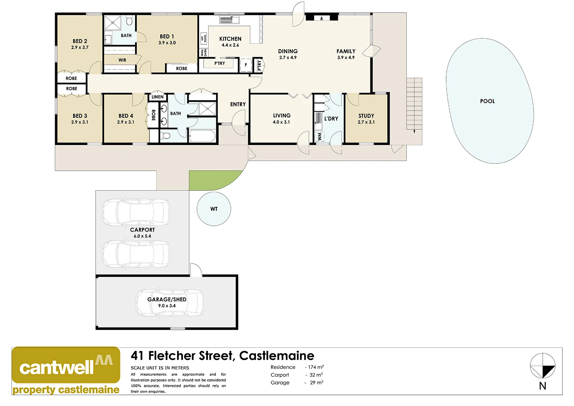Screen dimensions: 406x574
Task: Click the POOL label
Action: [x=487, y=101]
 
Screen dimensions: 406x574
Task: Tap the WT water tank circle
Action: [x=214, y=209]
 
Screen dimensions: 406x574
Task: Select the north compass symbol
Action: [x=542, y=366]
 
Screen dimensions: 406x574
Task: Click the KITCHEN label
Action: [x=230, y=39]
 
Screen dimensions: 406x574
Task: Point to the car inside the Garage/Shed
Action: [x=169, y=302]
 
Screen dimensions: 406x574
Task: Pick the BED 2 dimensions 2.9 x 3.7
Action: [x=80, y=47]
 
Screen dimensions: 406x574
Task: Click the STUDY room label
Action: [x=366, y=116]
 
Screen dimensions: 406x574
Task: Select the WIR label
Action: [x=122, y=60]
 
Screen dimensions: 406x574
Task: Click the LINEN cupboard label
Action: [x=157, y=97]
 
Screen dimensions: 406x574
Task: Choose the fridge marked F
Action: [x=246, y=65]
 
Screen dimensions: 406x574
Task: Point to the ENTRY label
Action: [x=238, y=104]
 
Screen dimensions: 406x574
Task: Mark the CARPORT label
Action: [x=142, y=230]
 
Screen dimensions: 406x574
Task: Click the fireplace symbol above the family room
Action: [x=321, y=18]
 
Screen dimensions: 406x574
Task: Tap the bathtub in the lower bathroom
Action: [x=202, y=136]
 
